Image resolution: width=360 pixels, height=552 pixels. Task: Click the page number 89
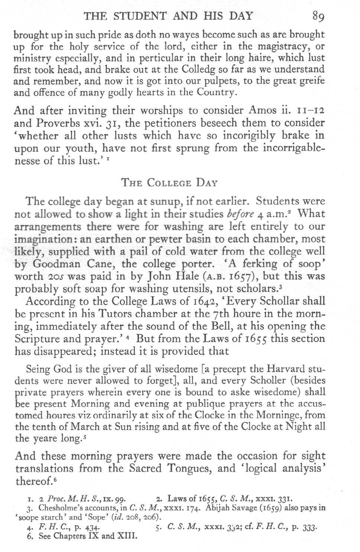[x=319, y=16]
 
